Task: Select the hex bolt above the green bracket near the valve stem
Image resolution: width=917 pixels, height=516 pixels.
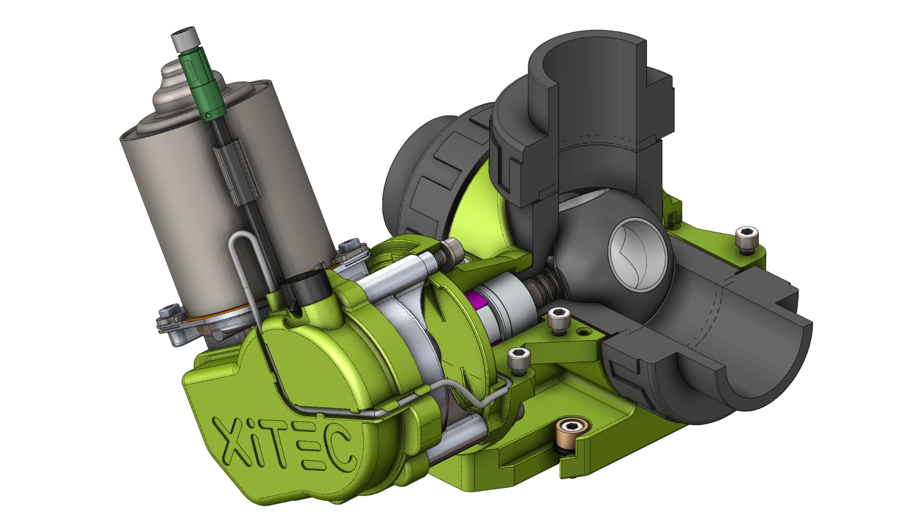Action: tap(451, 248)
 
